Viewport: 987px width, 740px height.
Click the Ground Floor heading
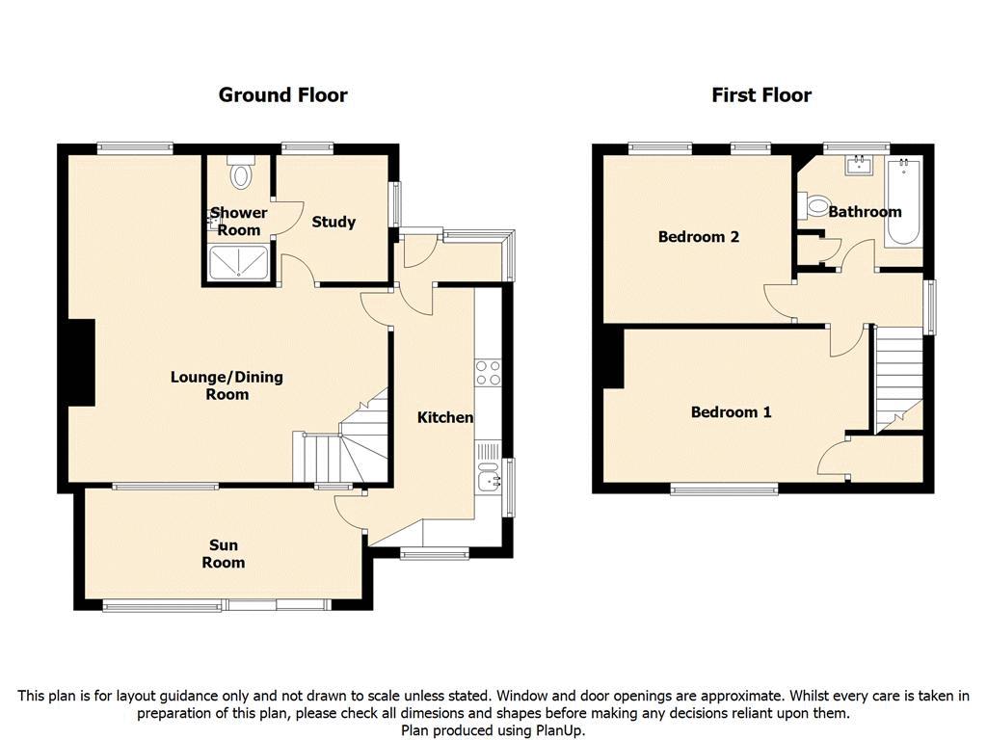coord(282,95)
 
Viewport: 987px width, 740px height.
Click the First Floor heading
coord(761,95)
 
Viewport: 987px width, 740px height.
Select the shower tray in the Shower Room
coord(239,262)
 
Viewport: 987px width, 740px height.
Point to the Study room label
coord(333,222)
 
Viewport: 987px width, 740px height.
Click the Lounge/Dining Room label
coord(227,385)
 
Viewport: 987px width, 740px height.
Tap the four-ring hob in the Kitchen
coord(488,372)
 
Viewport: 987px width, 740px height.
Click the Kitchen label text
coord(445,417)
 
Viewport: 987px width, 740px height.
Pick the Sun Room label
coord(224,554)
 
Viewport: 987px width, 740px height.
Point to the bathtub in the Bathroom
coord(903,201)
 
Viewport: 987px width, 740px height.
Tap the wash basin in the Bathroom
coord(859,166)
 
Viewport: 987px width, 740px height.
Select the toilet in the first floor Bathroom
coord(814,205)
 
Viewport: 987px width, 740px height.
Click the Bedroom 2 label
coord(699,237)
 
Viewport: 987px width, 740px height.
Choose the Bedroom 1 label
coord(731,412)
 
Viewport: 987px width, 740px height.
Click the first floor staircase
coord(898,380)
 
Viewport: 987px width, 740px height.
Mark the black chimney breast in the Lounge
coord(82,362)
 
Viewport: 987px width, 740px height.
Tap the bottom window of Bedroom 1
coord(724,489)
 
